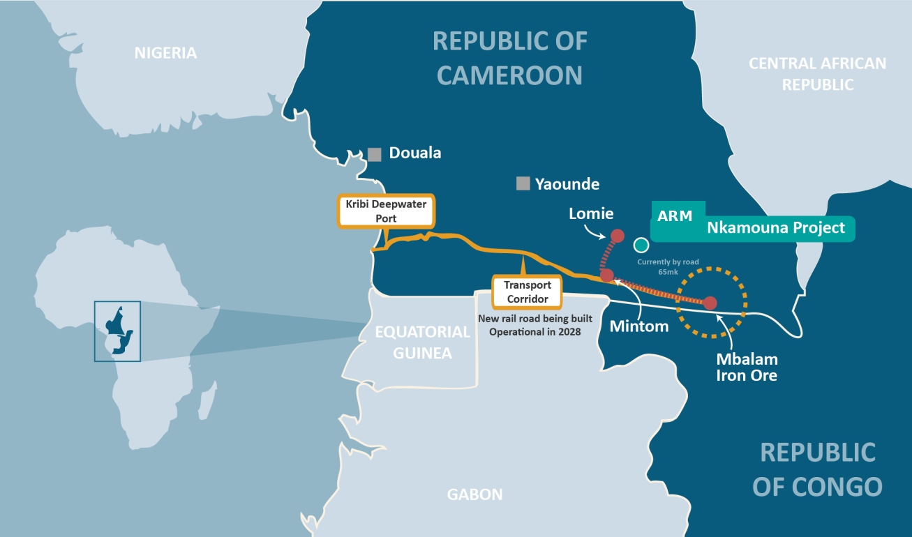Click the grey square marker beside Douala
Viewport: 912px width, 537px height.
(x=375, y=154)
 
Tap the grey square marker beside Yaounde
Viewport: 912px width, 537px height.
(x=523, y=183)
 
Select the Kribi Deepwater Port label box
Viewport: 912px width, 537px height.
(x=386, y=211)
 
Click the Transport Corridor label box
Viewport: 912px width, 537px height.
(x=527, y=292)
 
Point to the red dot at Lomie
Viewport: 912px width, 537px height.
(x=617, y=235)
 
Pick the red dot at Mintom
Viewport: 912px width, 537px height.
(x=606, y=275)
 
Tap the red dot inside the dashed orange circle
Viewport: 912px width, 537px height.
(x=710, y=303)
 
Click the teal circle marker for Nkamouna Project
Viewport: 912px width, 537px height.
(x=641, y=245)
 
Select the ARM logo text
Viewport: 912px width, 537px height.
(x=675, y=215)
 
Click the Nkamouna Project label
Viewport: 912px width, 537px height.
(x=775, y=227)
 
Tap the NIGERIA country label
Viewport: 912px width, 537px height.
(x=165, y=53)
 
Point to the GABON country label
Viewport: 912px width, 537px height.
(x=474, y=494)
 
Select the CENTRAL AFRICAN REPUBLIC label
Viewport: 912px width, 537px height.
(x=817, y=74)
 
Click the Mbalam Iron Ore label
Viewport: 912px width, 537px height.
(x=747, y=367)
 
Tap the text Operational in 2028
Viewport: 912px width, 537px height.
(x=535, y=332)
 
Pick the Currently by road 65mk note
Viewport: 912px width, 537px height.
(x=668, y=266)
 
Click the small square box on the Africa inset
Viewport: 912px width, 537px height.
(x=117, y=331)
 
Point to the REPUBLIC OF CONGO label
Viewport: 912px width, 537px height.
(x=817, y=469)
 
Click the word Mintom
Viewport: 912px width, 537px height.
(x=639, y=326)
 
